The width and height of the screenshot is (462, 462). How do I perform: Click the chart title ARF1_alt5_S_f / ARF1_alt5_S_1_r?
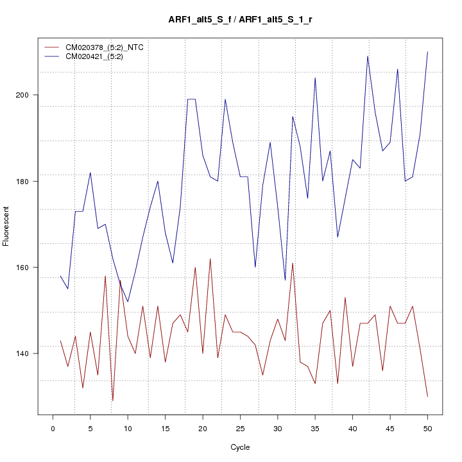click(240, 20)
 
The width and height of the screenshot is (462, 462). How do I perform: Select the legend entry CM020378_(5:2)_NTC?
click(108, 47)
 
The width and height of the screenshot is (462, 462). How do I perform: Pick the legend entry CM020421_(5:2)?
click(99, 56)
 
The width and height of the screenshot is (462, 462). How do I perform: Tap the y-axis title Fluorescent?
click(6, 226)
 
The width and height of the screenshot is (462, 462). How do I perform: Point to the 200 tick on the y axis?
click(28, 95)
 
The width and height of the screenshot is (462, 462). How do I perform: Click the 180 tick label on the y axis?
click(28, 181)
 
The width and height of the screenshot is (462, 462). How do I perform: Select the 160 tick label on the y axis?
click(28, 267)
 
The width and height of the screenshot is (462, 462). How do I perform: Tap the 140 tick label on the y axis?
click(28, 353)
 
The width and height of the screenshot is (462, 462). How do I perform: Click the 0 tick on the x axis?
click(53, 427)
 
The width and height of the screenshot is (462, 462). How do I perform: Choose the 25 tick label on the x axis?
click(240, 427)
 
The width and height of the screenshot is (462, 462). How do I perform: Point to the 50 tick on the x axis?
click(427, 427)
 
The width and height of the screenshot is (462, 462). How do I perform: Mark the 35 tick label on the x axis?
click(315, 427)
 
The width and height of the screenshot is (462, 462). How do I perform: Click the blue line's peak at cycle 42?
click(368, 56)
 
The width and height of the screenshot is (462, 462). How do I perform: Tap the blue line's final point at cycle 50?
click(427, 52)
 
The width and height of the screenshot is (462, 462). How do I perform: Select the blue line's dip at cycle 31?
click(285, 280)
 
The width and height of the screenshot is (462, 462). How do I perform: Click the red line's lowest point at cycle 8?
click(113, 400)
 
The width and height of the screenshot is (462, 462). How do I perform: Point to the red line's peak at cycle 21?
click(210, 259)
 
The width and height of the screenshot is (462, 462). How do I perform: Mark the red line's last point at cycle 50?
click(427, 397)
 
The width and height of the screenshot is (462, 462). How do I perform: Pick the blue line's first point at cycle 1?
click(60, 276)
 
